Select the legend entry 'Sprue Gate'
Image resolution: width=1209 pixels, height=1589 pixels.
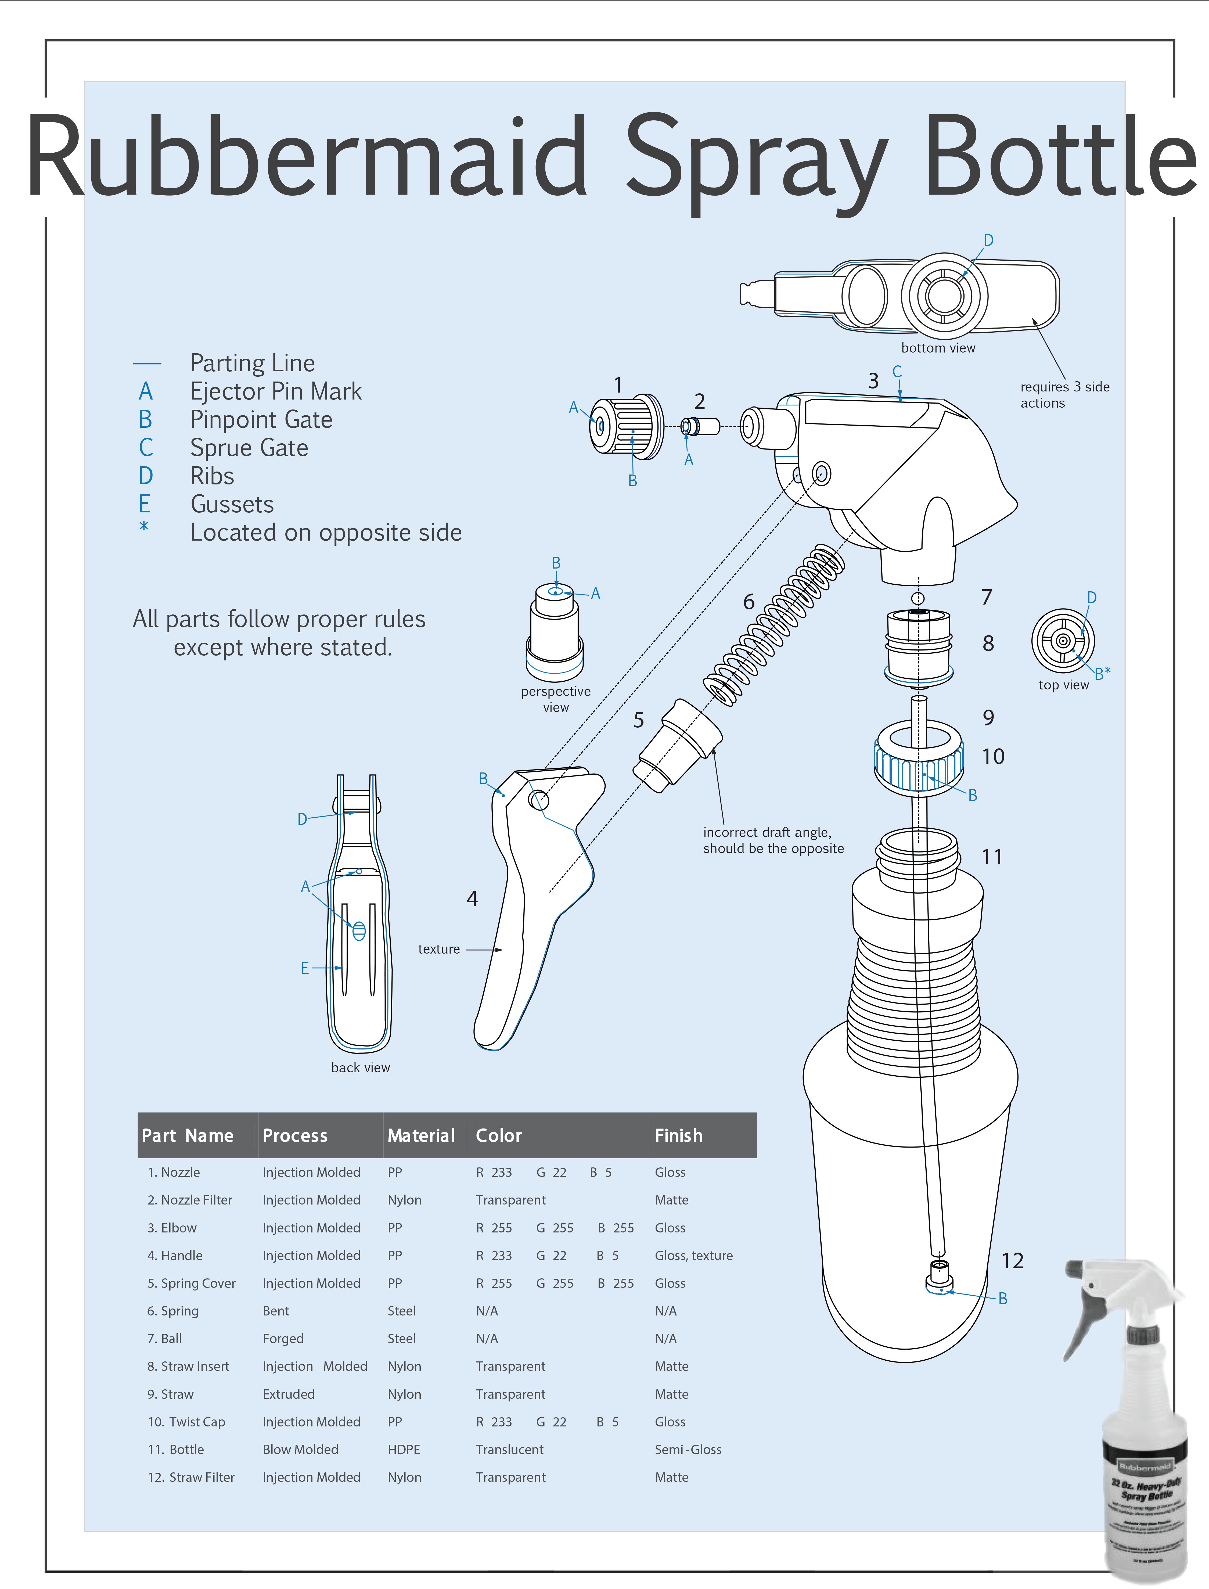pyautogui.click(x=249, y=448)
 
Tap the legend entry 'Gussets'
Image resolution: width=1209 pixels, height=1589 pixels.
pyautogui.click(x=232, y=504)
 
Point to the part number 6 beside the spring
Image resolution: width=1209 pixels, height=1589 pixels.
pyautogui.click(x=749, y=602)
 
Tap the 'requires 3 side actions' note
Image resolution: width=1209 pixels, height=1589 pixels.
pyautogui.click(x=1064, y=394)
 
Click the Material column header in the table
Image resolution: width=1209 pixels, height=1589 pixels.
pyautogui.click(x=421, y=1136)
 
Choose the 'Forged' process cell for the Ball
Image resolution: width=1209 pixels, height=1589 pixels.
pyautogui.click(x=283, y=1339)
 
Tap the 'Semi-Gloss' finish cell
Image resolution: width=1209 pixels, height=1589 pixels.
pyautogui.click(x=687, y=1449)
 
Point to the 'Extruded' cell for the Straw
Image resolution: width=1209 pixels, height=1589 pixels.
pyautogui.click(x=289, y=1394)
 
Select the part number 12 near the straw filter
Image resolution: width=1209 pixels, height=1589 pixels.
pyautogui.click(x=1012, y=1261)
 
